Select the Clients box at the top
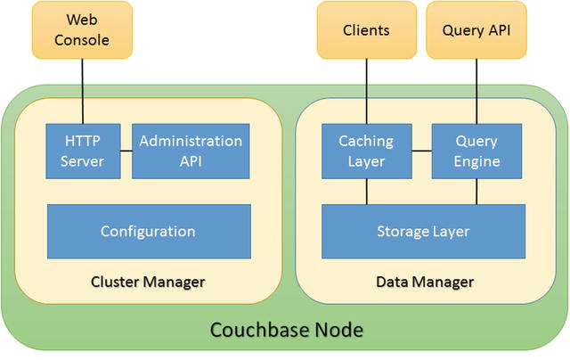(x=366, y=29)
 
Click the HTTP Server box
(x=84, y=151)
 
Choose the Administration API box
(x=191, y=151)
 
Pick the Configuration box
(x=148, y=231)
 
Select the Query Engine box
(x=476, y=151)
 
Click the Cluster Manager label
(x=148, y=282)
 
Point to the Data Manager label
(x=424, y=282)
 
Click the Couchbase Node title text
(x=286, y=330)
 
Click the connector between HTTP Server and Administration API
(x=126, y=151)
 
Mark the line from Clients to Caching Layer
(x=366, y=91)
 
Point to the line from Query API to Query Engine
(x=476, y=91)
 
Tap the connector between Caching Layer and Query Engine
(x=420, y=151)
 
